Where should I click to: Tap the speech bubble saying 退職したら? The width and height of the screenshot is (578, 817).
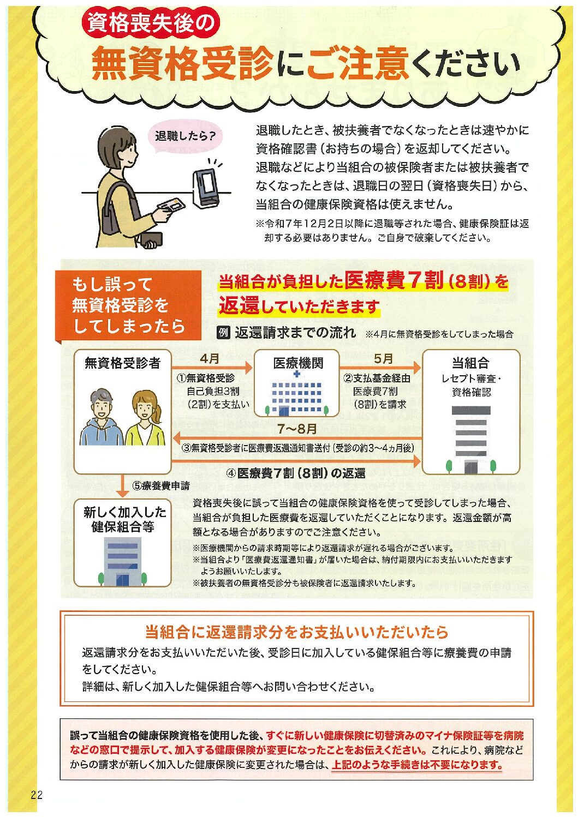tap(185, 138)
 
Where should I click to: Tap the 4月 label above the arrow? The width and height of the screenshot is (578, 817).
tap(210, 359)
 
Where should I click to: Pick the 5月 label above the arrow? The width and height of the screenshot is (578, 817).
tap(383, 359)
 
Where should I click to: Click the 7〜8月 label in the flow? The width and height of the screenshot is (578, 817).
tap(297, 429)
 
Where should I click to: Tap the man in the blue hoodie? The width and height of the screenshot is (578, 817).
tap(102, 418)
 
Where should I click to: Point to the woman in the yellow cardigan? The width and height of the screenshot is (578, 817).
tap(145, 419)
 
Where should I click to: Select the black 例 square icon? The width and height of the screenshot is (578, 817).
tap(223, 333)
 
